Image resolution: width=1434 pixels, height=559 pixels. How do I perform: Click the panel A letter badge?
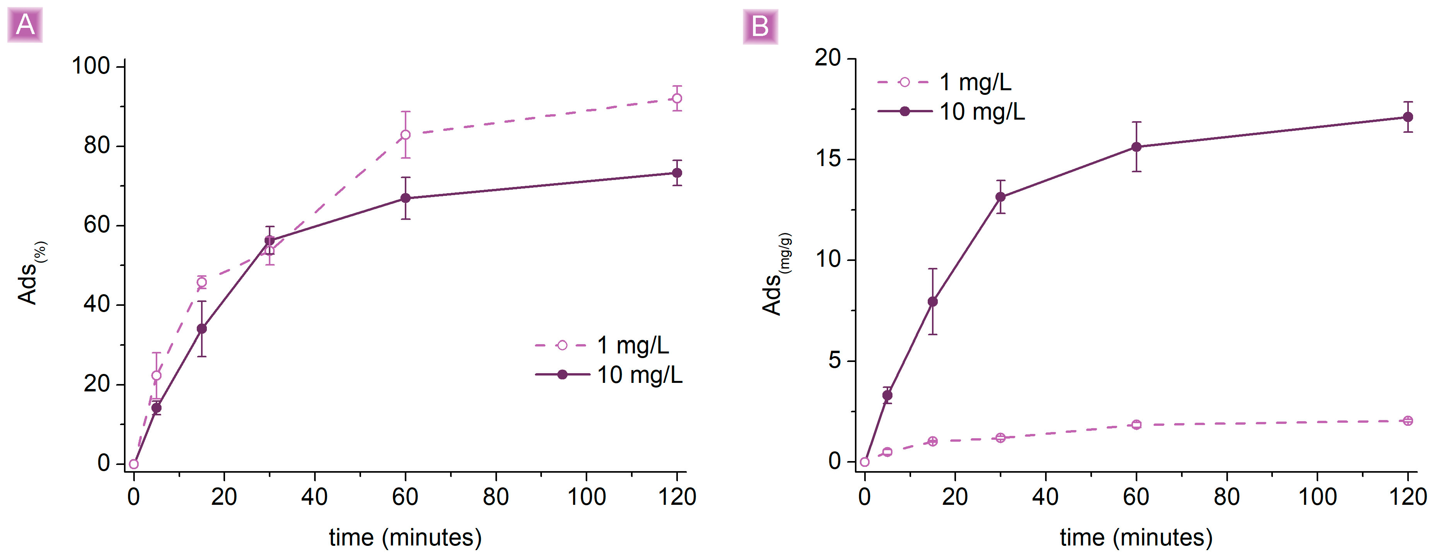(25, 25)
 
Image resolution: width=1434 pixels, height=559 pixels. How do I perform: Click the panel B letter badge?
(760, 26)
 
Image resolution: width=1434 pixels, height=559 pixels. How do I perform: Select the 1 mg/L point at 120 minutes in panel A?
(677, 98)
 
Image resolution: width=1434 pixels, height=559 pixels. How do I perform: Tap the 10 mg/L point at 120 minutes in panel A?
(677, 173)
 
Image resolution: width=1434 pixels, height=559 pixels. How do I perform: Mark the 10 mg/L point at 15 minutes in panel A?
(201, 329)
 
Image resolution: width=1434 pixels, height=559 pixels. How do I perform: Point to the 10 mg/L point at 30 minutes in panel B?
(1000, 197)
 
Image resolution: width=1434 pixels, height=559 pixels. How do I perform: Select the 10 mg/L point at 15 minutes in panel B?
(932, 302)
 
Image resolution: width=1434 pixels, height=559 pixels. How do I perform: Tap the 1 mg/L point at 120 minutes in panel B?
(1408, 420)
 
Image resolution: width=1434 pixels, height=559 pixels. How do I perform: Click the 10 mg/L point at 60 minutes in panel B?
(1136, 147)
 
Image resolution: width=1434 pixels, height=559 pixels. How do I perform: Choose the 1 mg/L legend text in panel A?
(633, 345)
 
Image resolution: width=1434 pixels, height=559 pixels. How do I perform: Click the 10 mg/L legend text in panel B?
(982, 112)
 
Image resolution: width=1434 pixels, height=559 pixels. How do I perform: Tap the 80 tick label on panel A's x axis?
(495, 496)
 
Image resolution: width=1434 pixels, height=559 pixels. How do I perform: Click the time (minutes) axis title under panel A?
(405, 537)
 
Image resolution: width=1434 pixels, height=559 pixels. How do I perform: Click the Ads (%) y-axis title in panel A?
(31, 273)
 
